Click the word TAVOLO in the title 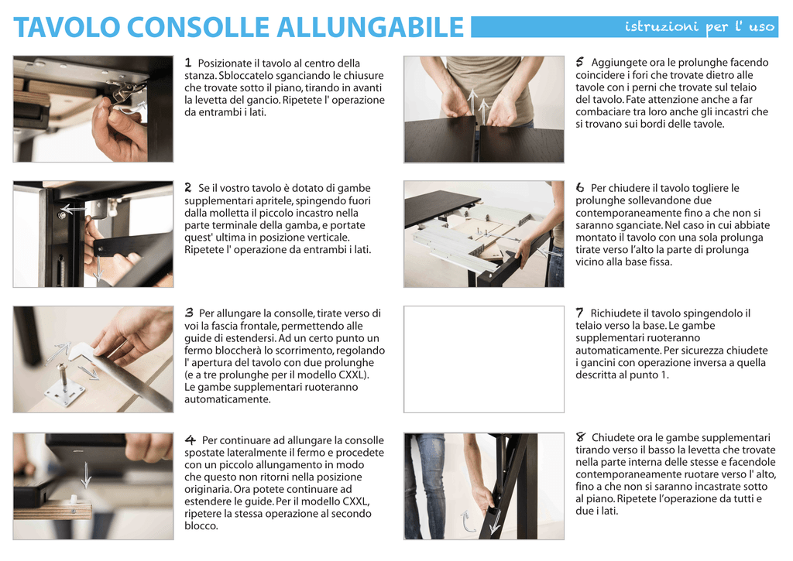pyautogui.click(x=67, y=27)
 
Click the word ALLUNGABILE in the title pyautogui.click(x=370, y=27)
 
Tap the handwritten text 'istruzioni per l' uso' pyautogui.click(x=700, y=27)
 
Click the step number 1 pyautogui.click(x=188, y=63)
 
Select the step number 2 pyautogui.click(x=188, y=187)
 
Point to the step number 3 pyautogui.click(x=189, y=313)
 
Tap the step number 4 pyautogui.click(x=191, y=440)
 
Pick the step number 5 pyautogui.click(x=579, y=62)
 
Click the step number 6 pyautogui.click(x=579, y=187)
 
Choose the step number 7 pyautogui.click(x=579, y=313)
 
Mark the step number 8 pyautogui.click(x=580, y=436)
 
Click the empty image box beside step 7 pyautogui.click(x=483, y=359)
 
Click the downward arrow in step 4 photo pyautogui.click(x=87, y=474)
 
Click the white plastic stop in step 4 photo pyautogui.click(x=74, y=499)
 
